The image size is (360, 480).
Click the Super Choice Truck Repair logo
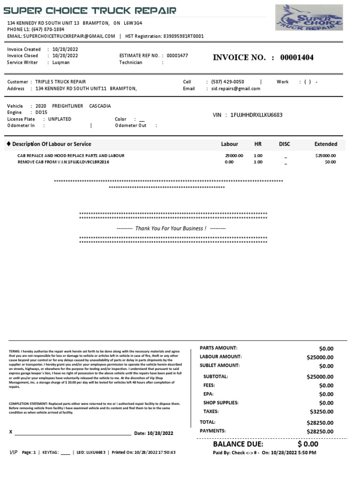tap(309, 18)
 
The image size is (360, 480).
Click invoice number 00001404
tap(297, 58)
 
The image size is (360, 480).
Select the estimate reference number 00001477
tap(177, 55)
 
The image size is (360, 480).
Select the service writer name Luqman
tap(61, 62)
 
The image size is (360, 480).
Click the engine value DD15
tap(41, 112)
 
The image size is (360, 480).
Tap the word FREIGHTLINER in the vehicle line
tap(67, 106)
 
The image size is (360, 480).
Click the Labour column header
tap(229, 144)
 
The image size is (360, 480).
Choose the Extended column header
tap(325, 144)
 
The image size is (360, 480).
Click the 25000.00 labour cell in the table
tap(234, 155)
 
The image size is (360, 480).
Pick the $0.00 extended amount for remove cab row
tap(330, 162)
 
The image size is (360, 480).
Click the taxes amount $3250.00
tap(322, 412)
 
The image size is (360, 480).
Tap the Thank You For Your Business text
tap(171, 228)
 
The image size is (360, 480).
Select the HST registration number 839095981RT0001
tap(183, 36)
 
